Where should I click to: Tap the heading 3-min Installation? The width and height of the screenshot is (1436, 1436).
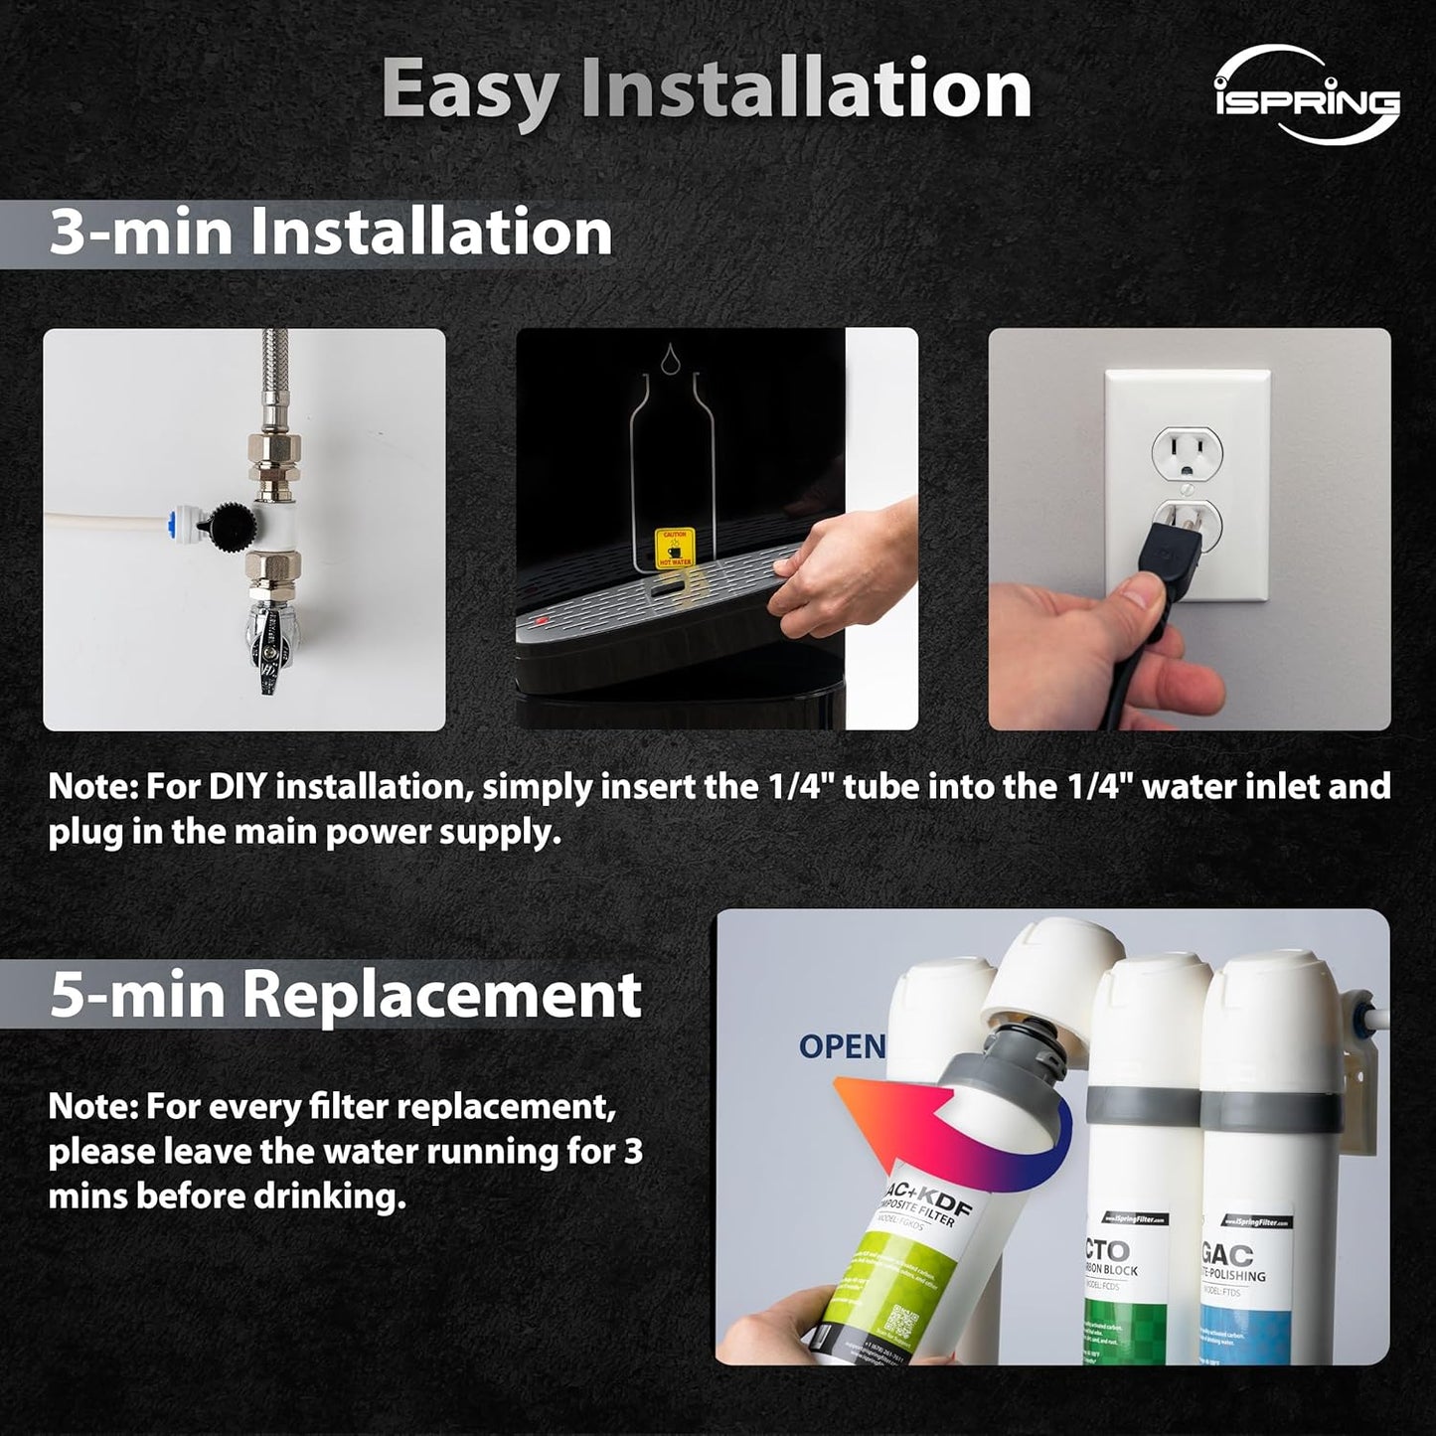(330, 233)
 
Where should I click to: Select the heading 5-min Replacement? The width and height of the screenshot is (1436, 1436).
(345, 994)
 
